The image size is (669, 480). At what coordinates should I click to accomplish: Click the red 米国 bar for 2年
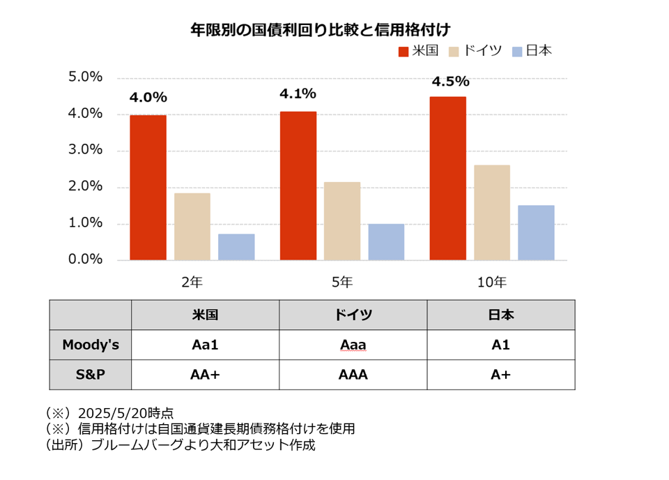point(148,188)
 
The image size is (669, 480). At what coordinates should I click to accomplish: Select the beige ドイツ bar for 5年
point(342,220)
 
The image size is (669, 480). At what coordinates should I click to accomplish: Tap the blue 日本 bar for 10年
point(537,233)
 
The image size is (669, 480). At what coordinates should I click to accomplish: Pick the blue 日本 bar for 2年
point(236,247)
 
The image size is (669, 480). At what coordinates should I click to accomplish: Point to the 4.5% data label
point(451,81)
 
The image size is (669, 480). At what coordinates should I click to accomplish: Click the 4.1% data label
point(298,93)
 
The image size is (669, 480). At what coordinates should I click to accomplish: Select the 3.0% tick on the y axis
point(85,149)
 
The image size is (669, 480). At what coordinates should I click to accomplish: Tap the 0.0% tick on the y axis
point(85,260)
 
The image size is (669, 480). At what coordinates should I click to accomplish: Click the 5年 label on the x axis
point(342,282)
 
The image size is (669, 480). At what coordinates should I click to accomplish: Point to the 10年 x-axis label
point(492,282)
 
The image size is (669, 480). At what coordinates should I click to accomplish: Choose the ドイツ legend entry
point(475,51)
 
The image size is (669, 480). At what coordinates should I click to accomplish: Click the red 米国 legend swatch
point(403,52)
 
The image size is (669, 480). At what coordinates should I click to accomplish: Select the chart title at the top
point(321,30)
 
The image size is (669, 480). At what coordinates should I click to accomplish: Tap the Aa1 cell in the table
point(205,345)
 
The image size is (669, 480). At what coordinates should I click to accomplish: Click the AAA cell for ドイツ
point(353,375)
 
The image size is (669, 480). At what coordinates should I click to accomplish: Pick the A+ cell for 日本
point(500,375)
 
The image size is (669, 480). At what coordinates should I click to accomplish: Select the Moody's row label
point(91,345)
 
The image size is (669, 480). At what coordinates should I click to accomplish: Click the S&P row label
point(91,375)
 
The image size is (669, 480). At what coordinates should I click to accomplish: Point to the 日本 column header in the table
point(501,315)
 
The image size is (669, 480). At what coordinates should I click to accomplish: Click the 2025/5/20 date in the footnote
point(111,413)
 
